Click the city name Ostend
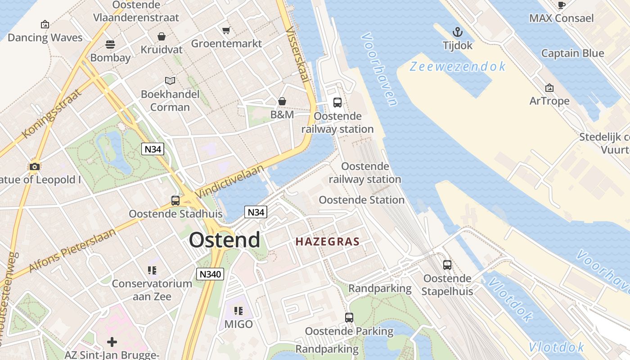click(224, 240)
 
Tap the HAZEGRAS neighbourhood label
click(328, 242)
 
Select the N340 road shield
click(210, 274)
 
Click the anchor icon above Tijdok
click(457, 32)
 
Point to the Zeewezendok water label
click(458, 67)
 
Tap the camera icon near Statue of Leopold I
click(34, 167)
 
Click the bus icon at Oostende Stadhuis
click(175, 201)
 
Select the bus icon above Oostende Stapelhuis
click(447, 265)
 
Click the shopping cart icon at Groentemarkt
click(226, 30)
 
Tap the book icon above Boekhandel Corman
click(170, 81)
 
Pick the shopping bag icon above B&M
click(282, 101)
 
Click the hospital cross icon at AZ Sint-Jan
click(112, 342)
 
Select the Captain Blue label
click(572, 53)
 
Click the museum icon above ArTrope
click(549, 87)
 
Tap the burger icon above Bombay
click(110, 44)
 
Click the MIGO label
click(238, 324)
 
